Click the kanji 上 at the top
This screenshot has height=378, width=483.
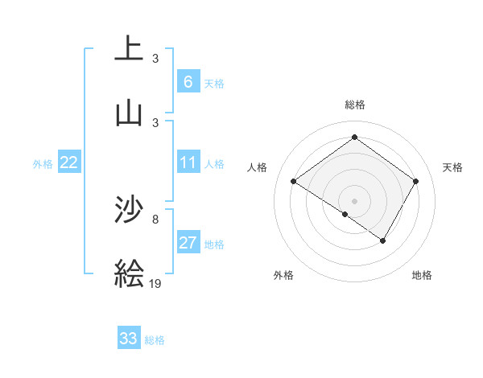point(129,50)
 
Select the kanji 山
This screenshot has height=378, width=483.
point(129,113)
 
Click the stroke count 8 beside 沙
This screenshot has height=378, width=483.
point(155,218)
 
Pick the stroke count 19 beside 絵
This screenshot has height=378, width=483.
point(155,282)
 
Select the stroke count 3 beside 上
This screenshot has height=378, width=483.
point(155,58)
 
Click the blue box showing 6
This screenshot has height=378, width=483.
point(188,82)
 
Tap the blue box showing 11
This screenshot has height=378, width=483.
point(188,162)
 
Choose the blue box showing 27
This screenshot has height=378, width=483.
point(188,243)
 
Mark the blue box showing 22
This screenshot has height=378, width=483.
point(68,162)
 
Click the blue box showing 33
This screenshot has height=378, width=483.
point(128,339)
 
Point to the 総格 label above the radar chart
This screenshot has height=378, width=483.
point(354,105)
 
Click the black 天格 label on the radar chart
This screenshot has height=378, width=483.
point(452,167)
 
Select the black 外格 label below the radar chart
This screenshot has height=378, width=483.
point(283,275)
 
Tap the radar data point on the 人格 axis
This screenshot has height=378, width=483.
point(294,182)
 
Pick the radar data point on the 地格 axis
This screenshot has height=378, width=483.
point(383,240)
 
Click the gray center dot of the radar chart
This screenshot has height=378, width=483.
point(354,199)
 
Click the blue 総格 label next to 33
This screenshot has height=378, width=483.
point(155,340)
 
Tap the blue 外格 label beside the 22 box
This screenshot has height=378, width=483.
point(43,164)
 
